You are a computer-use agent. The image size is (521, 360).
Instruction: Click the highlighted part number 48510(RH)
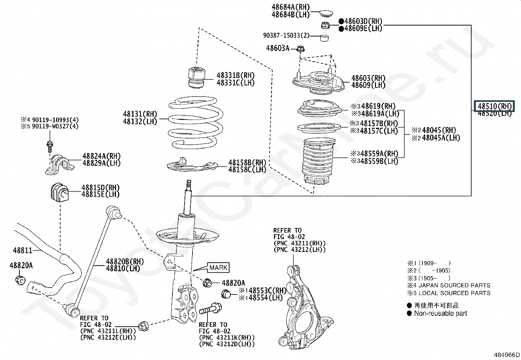pyautogui.click(x=494, y=106)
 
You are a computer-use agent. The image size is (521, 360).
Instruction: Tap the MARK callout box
pyautogui.click(x=218, y=268)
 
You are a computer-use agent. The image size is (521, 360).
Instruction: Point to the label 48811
pyautogui.click(x=23, y=251)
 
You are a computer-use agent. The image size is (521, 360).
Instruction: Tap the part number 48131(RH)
pyautogui.click(x=140, y=114)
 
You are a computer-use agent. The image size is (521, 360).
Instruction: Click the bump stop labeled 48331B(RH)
pyautogui.click(x=196, y=77)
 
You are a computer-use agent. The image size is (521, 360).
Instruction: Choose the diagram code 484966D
pyautogui.click(x=507, y=355)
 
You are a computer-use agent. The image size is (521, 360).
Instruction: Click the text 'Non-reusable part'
pyautogui.click(x=440, y=313)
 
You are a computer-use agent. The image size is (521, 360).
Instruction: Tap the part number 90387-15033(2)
pyautogui.click(x=286, y=35)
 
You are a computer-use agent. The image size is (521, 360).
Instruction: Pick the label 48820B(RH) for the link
pyautogui.click(x=125, y=262)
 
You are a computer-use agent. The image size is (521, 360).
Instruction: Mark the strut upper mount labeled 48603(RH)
pyautogui.click(x=318, y=82)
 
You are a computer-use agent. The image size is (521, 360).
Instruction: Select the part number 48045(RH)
pyautogui.click(x=439, y=130)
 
